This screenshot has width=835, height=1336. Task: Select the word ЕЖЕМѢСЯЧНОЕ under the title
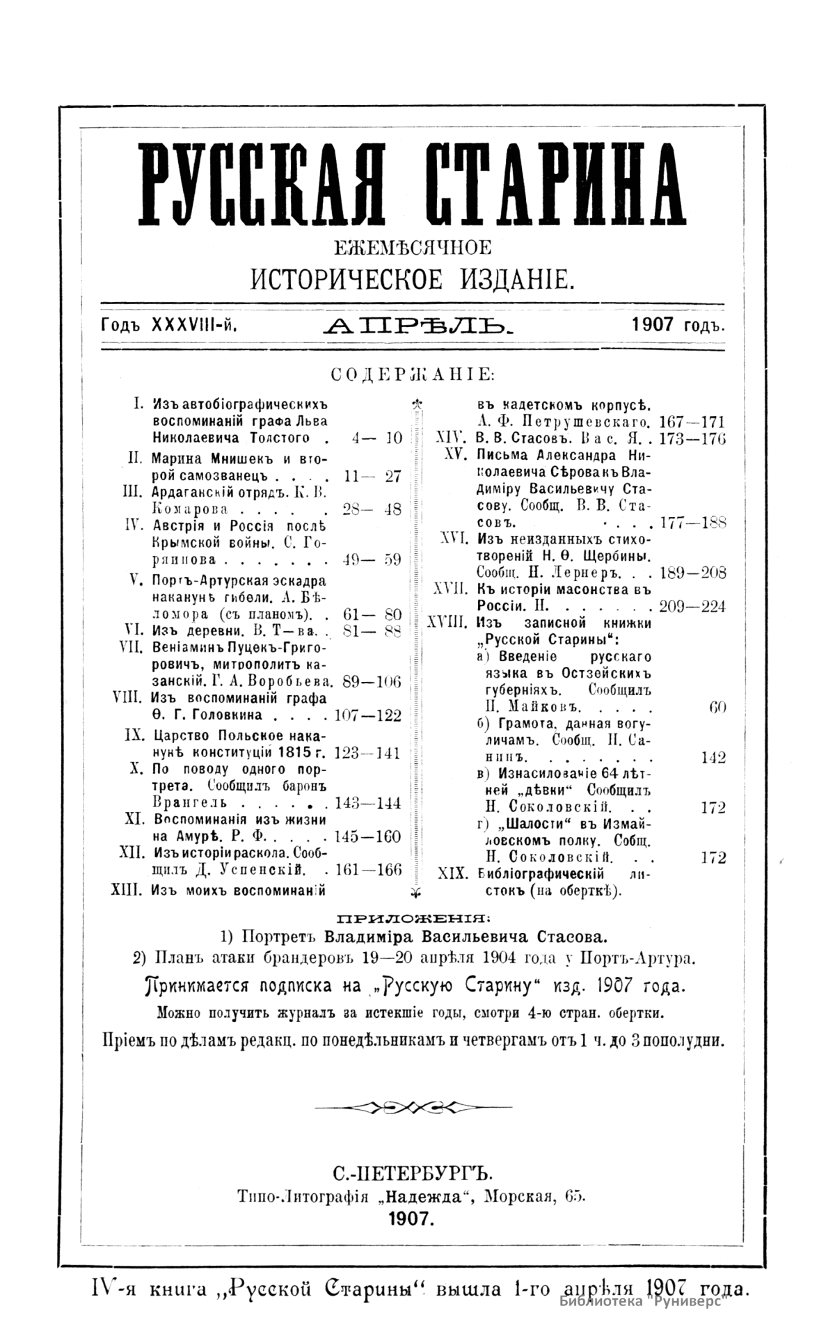click(x=413, y=247)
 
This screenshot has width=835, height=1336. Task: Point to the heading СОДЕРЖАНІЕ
click(x=413, y=375)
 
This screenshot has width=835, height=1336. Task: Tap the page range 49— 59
click(x=372, y=560)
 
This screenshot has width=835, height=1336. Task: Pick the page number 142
click(x=713, y=758)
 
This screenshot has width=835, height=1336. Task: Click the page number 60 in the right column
click(x=717, y=708)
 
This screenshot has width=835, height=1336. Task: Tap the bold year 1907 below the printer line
click(x=412, y=1218)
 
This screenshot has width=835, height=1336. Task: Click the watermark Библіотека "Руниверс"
click(x=642, y=1301)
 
